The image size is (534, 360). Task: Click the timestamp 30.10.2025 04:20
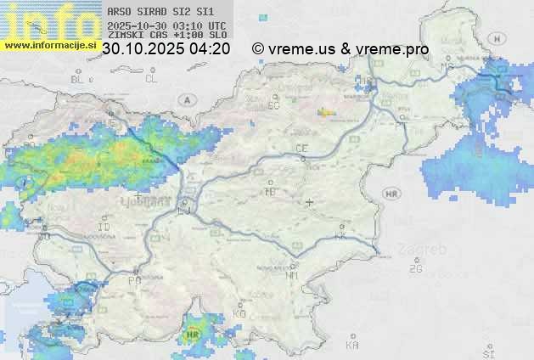166,48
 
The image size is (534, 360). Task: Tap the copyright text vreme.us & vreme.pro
340,48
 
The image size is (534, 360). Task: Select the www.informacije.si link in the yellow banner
49,44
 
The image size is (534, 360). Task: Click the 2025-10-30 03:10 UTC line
166,25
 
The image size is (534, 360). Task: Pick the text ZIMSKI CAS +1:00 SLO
166,36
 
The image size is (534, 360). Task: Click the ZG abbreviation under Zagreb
415,269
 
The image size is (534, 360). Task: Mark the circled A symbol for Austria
185,99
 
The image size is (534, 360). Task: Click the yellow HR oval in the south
194,335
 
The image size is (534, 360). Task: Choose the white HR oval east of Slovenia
391,194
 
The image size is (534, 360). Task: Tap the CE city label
301,149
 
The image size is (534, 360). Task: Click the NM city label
293,275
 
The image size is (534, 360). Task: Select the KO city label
239,314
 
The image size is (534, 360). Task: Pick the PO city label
134,279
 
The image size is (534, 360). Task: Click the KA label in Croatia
352,346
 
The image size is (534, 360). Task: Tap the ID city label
104,228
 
